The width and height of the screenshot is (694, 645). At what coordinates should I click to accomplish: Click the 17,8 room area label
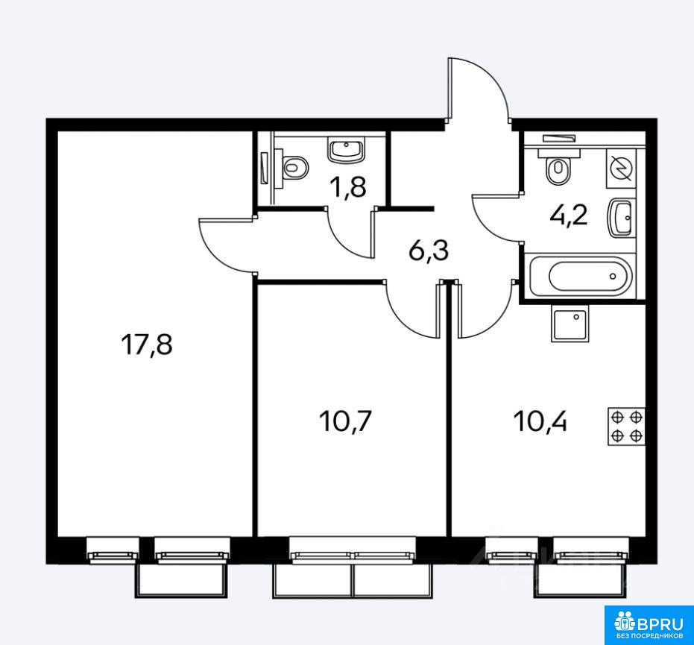[x=147, y=344]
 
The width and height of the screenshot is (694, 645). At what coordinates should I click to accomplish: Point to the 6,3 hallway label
[x=429, y=251]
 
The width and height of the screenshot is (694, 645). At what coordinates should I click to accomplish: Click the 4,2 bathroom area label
[x=568, y=215]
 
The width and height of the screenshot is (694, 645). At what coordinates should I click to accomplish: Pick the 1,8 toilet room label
[x=349, y=188]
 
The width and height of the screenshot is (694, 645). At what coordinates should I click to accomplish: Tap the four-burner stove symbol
[x=626, y=427]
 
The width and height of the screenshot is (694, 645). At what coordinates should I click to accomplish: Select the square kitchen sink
[x=570, y=323]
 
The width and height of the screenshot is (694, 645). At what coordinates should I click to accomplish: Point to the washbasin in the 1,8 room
[x=347, y=149]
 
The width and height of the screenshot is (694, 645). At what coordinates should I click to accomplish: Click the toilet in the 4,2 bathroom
[x=558, y=166]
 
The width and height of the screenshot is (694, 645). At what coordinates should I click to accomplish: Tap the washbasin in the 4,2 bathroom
[x=620, y=218]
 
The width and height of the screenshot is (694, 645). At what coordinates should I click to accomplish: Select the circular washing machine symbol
[x=620, y=169]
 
